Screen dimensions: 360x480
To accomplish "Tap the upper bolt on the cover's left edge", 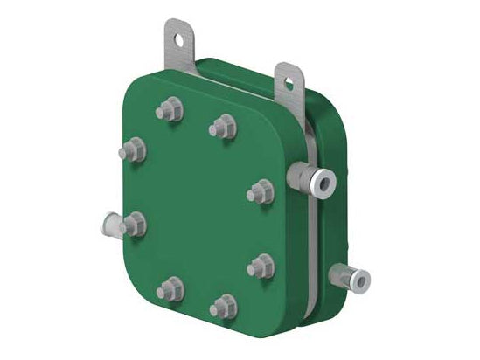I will click(x=135, y=149).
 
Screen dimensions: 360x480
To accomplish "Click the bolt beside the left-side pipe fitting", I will click(x=134, y=224).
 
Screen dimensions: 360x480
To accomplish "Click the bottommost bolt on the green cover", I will click(x=222, y=306).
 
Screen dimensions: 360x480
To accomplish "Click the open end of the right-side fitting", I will click(x=325, y=180).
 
